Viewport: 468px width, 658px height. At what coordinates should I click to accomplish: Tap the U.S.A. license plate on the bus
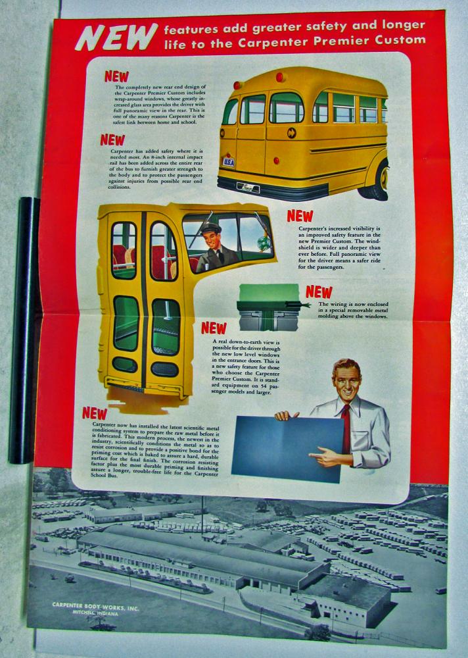pos(229,162)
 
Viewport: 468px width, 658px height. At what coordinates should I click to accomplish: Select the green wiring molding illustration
pos(268,307)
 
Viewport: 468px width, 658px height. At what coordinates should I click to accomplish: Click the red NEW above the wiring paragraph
pos(319,291)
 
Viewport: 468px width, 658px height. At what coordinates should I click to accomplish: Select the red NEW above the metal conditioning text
pos(95,413)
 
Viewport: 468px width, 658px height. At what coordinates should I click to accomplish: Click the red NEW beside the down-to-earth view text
pos(214,328)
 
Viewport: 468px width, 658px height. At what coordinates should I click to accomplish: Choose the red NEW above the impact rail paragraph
pos(112,139)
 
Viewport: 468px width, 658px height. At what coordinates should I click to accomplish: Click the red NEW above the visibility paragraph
pos(300,216)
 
